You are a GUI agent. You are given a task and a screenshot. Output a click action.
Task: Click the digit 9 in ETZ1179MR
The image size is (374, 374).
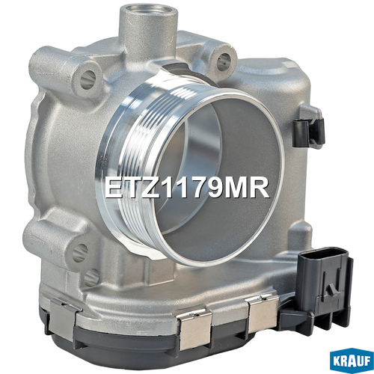tap(215, 188)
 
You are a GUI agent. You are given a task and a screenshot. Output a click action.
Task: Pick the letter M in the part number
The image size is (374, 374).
tap(237, 188)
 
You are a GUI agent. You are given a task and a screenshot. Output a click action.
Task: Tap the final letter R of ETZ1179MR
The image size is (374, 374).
tap(260, 188)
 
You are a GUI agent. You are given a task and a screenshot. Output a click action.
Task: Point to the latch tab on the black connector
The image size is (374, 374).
tap(332, 289)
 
